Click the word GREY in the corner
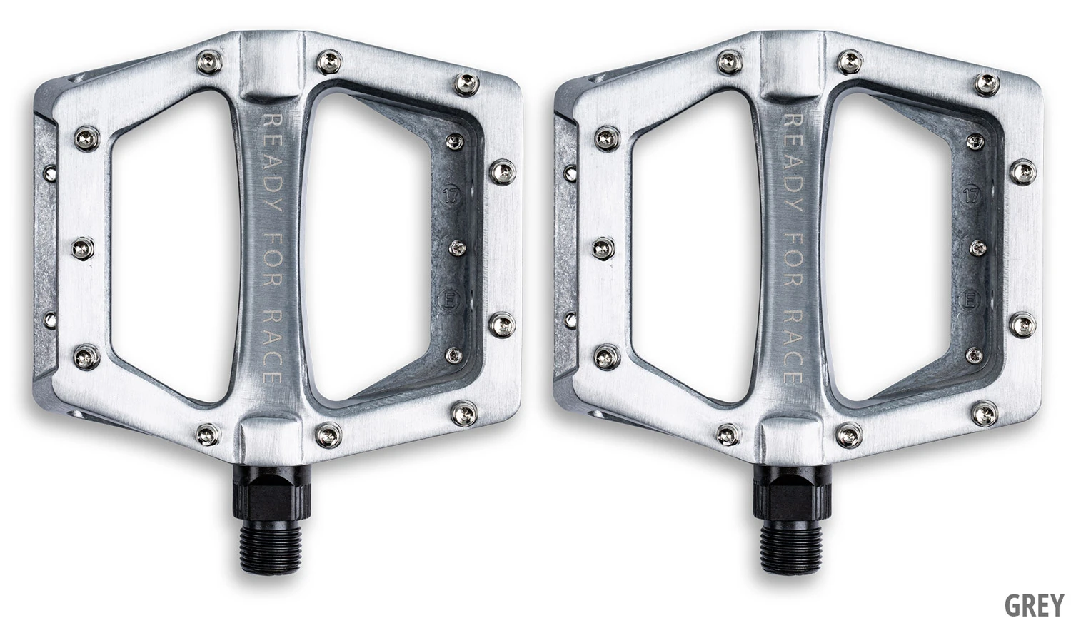1035,605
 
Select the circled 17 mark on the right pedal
970,196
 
